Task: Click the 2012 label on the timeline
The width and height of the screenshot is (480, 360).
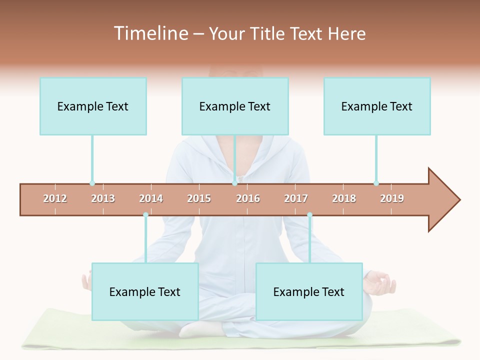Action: [x=55, y=198]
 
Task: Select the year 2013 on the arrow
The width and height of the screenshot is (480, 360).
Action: [x=103, y=198]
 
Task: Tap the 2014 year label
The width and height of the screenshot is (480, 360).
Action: [x=151, y=198]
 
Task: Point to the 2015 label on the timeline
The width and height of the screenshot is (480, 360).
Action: [x=199, y=198]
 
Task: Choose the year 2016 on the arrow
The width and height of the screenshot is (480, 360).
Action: [x=248, y=198]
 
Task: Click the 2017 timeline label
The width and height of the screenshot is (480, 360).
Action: [x=296, y=198]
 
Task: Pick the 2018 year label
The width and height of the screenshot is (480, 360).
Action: [x=344, y=198]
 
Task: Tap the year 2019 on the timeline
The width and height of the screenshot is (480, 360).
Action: [x=392, y=198]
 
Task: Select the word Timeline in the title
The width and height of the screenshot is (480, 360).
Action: [x=150, y=33]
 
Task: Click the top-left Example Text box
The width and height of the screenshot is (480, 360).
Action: [x=93, y=106]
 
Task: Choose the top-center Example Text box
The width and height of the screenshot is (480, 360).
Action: [x=235, y=106]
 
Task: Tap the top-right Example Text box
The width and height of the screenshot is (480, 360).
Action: [x=377, y=106]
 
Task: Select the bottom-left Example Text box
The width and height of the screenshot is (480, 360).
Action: [x=145, y=291]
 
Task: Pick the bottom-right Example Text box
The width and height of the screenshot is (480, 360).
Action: [x=309, y=291]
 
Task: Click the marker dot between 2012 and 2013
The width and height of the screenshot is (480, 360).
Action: [x=92, y=183]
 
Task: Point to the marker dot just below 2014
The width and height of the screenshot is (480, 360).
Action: [x=145, y=215]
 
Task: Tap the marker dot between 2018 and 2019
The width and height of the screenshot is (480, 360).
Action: [x=376, y=183]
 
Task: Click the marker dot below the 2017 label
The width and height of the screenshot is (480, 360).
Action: [x=309, y=215]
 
